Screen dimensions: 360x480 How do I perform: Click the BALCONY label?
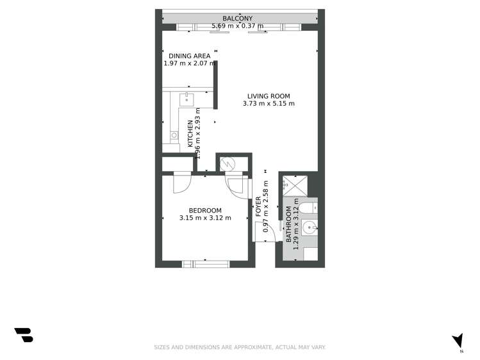coord(237,19)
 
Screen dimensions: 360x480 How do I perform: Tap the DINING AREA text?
coord(189,56)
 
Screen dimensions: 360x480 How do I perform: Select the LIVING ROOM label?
coord(269,96)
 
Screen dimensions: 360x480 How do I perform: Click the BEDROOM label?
coord(205,211)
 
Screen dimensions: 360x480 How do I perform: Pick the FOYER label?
coord(258,206)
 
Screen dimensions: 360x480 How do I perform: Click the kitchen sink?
coord(187,99)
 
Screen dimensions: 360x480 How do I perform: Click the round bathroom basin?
coord(308,226)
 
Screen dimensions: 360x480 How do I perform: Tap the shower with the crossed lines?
coord(296,185)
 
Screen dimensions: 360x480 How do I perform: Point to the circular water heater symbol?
coord(228,163)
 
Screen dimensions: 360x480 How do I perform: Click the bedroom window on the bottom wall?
coord(206,263)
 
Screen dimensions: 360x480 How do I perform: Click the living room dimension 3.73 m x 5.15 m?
coord(269,104)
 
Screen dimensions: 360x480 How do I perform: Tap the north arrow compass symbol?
coord(457,340)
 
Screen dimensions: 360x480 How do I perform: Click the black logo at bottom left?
coord(24,335)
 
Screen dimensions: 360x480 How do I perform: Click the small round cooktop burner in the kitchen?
coord(174,135)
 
